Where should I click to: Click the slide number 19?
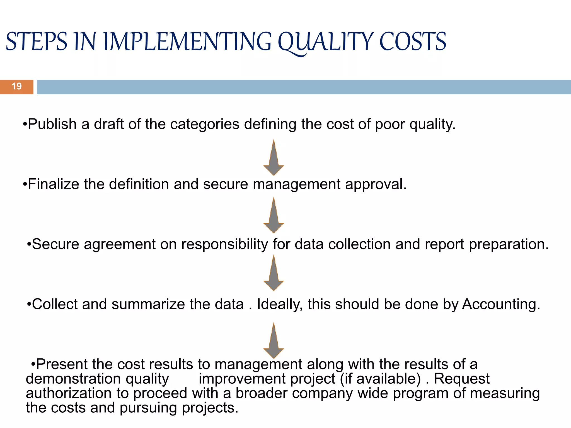(x=17, y=86)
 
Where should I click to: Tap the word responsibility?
(x=224, y=245)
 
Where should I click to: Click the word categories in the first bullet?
(x=205, y=125)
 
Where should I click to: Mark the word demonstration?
(x=73, y=379)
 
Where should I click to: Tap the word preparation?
(x=509, y=245)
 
